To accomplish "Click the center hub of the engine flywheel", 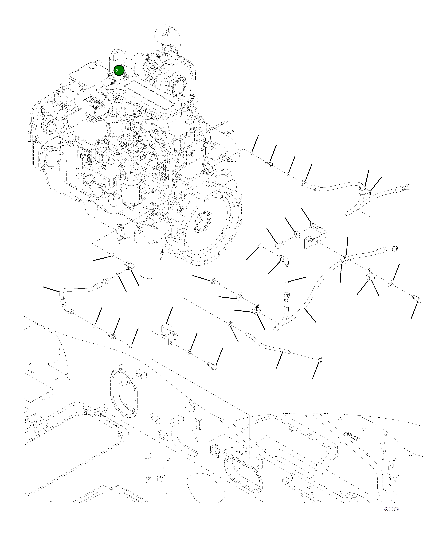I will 201,221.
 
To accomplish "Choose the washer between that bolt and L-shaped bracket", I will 297,234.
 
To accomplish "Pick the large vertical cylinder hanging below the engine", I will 149,258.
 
